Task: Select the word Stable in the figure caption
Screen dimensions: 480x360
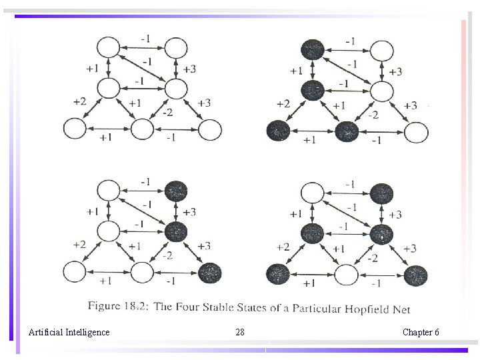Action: click(224, 308)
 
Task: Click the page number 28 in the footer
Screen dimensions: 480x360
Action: click(240, 332)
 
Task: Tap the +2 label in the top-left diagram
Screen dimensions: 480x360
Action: click(79, 101)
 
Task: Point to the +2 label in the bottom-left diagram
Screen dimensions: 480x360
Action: click(79, 245)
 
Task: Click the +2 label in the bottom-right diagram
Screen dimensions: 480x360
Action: click(283, 247)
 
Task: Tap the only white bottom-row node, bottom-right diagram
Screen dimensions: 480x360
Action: click(347, 275)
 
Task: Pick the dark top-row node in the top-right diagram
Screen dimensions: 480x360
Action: click(312, 49)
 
